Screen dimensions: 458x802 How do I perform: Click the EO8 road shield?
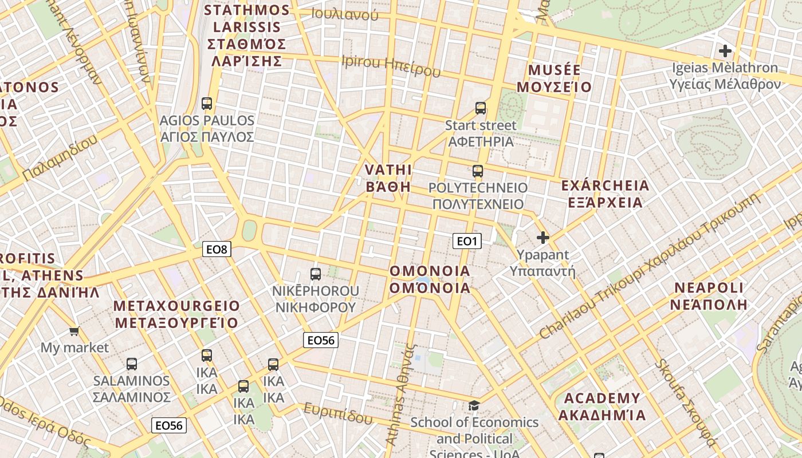coord(217,249)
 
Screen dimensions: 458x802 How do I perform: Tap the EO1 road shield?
coord(467,241)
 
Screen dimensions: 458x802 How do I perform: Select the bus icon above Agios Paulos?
coord(207,104)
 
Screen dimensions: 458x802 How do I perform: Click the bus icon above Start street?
coord(481,108)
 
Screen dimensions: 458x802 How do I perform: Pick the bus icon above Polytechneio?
coord(478,171)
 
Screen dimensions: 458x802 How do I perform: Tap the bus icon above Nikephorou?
coord(316,274)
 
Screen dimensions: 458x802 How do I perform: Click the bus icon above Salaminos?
coord(132,364)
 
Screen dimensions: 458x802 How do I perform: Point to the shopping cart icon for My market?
coord(74,331)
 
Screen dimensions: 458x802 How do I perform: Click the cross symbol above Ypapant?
coord(542,237)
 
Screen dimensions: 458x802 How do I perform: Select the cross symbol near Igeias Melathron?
coord(725,51)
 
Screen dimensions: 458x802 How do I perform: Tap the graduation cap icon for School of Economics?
coord(474,406)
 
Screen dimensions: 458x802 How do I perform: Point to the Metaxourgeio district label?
coord(176,314)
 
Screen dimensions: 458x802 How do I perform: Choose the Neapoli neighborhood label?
coord(709,295)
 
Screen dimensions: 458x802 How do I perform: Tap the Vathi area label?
coord(388,177)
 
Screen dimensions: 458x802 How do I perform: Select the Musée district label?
coord(554,78)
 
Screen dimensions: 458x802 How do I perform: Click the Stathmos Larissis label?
coord(246,35)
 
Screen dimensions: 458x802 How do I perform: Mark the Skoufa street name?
coord(686,402)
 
